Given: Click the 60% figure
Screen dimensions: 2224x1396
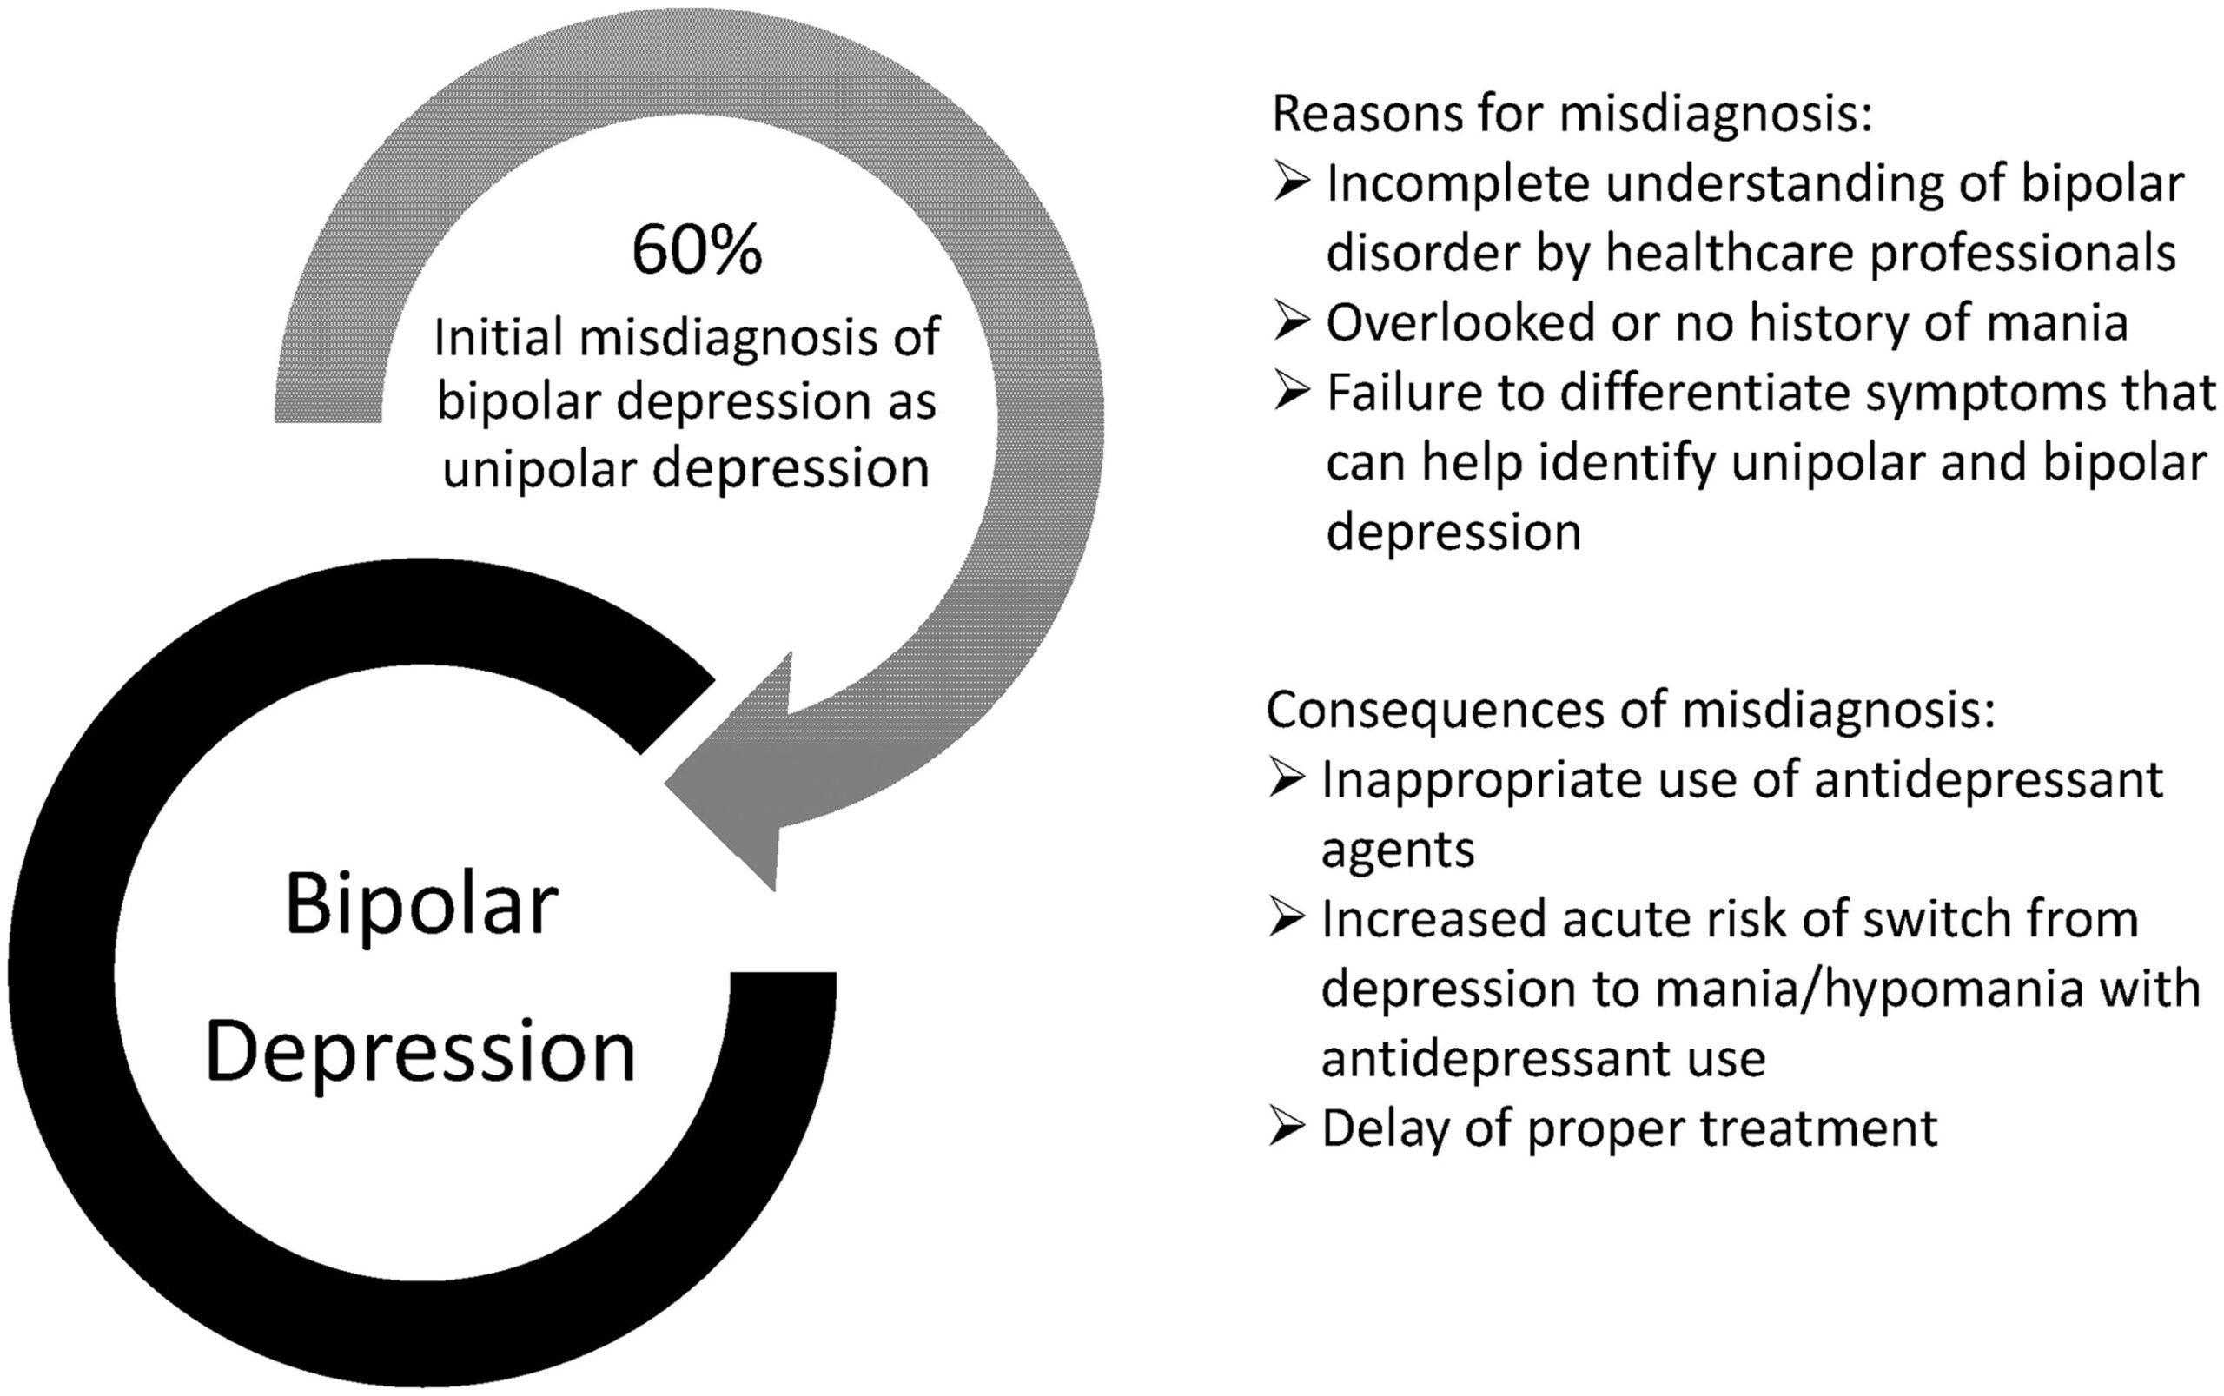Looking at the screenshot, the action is (x=697, y=250).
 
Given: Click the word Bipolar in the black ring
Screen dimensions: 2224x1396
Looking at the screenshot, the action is (x=422, y=907).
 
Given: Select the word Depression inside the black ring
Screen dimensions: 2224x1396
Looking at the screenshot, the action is (x=421, y=1054).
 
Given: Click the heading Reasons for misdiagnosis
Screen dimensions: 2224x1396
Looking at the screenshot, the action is (x=1572, y=113).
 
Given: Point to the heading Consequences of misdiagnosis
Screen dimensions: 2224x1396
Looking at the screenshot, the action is (x=1631, y=709).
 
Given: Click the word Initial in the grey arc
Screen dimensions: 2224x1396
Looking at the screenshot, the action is (x=497, y=337).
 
